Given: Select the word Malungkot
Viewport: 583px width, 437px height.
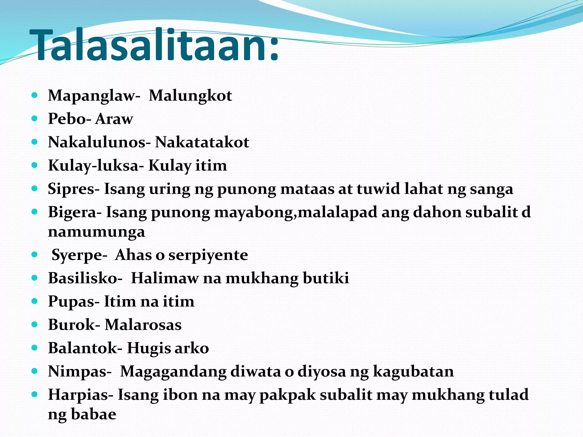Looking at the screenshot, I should click(x=190, y=96).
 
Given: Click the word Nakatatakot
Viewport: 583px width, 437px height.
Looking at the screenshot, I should click(x=202, y=142).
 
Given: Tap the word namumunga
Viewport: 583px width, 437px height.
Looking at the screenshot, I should click(x=96, y=232).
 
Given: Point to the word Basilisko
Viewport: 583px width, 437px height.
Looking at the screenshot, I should click(x=83, y=278).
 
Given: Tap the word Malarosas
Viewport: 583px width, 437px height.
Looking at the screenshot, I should click(x=143, y=325).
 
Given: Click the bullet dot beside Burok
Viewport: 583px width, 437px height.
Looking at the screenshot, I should click(x=34, y=324).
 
